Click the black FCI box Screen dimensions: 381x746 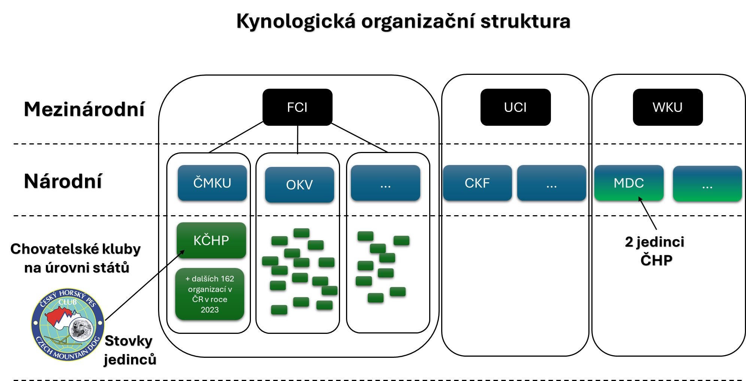297,107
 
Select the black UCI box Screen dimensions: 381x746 515,107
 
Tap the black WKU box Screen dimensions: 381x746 667,107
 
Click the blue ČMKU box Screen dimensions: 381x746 212,183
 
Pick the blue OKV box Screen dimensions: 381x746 299,185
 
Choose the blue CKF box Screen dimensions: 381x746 477,183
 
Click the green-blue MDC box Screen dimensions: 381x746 628,183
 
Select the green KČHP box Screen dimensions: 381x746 211,240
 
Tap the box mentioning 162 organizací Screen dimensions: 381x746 210,294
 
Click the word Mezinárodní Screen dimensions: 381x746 84,109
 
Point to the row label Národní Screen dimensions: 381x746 63,181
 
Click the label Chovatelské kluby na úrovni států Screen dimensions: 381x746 76,258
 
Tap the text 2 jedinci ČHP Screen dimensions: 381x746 655,251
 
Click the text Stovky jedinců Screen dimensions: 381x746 129,350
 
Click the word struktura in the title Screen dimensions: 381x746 525,21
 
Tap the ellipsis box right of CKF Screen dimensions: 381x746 551,183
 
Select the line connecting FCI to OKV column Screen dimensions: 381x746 298,139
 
